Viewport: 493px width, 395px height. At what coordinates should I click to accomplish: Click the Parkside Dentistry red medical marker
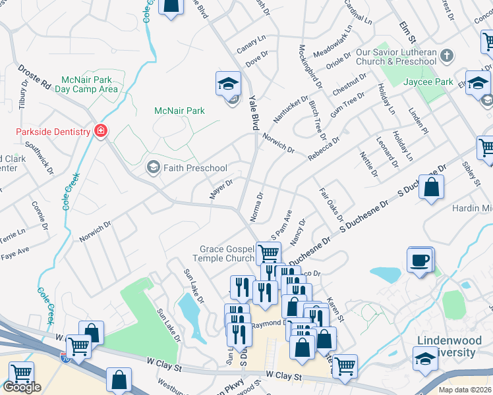[x=100, y=132]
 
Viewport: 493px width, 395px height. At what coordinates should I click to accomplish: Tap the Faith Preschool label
[x=196, y=168]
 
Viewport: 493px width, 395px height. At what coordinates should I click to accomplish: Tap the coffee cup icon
[x=420, y=261]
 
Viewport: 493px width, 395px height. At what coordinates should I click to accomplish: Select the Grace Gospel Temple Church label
[x=227, y=254]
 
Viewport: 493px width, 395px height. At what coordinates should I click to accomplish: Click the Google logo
[x=22, y=387]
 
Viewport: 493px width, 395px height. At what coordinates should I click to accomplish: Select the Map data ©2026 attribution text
[x=465, y=390]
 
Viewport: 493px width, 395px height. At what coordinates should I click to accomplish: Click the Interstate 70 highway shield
[x=65, y=358]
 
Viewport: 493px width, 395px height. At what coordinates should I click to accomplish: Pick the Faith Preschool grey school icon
[x=154, y=168]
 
